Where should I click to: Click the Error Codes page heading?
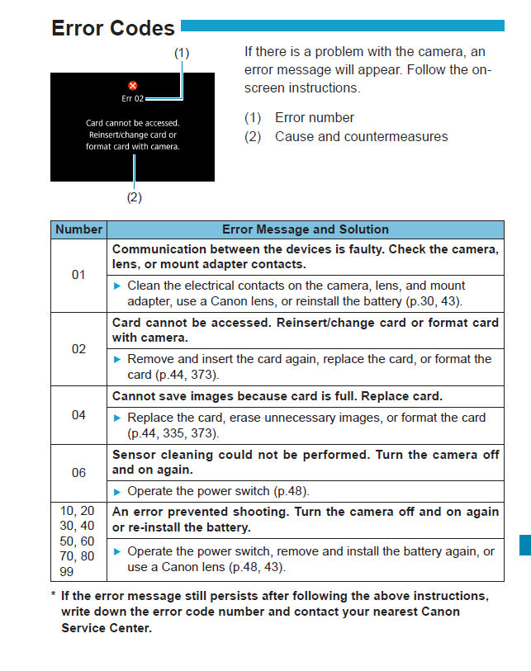pos(113,28)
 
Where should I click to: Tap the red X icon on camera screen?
pos(133,85)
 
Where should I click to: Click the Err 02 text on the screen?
pos(132,98)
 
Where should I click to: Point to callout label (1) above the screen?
pos(182,52)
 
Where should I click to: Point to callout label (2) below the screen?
pos(134,197)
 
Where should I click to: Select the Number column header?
pos(79,229)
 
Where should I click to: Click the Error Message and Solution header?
pos(305,229)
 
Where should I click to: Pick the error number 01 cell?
pos(78,275)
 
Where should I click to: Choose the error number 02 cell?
pos(78,348)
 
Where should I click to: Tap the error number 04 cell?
pos(78,414)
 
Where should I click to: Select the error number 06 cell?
pos(78,473)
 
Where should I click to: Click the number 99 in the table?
pos(65,571)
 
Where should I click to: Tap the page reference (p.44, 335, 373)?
pos(182,432)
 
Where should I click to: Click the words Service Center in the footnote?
pos(107,628)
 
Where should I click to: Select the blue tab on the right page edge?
pos(524,544)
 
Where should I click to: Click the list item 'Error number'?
pos(315,117)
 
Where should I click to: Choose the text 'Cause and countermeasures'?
pos(361,136)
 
